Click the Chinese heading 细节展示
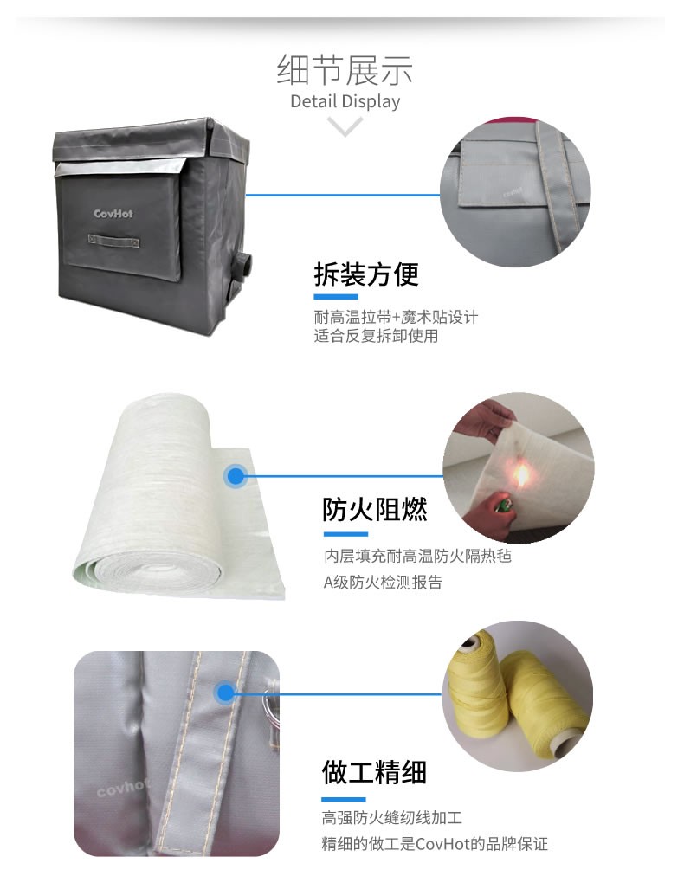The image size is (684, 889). point(345,70)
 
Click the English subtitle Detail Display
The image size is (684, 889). point(345,101)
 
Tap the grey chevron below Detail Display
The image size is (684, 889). point(345,126)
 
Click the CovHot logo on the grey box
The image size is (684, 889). point(113,214)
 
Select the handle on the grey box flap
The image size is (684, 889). point(113,241)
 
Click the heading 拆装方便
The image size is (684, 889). point(366,274)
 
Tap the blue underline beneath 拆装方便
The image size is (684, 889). point(336,297)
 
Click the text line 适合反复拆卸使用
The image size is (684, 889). point(376,336)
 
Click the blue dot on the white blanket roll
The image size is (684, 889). point(236,476)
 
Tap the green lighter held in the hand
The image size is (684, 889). point(500,505)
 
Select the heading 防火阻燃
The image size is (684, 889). point(375,509)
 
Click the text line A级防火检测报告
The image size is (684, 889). point(383,583)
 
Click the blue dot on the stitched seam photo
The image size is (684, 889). point(225,693)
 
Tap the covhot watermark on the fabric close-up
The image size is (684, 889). point(122,787)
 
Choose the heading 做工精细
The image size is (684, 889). point(374,772)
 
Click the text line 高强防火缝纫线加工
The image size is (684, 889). point(392,818)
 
